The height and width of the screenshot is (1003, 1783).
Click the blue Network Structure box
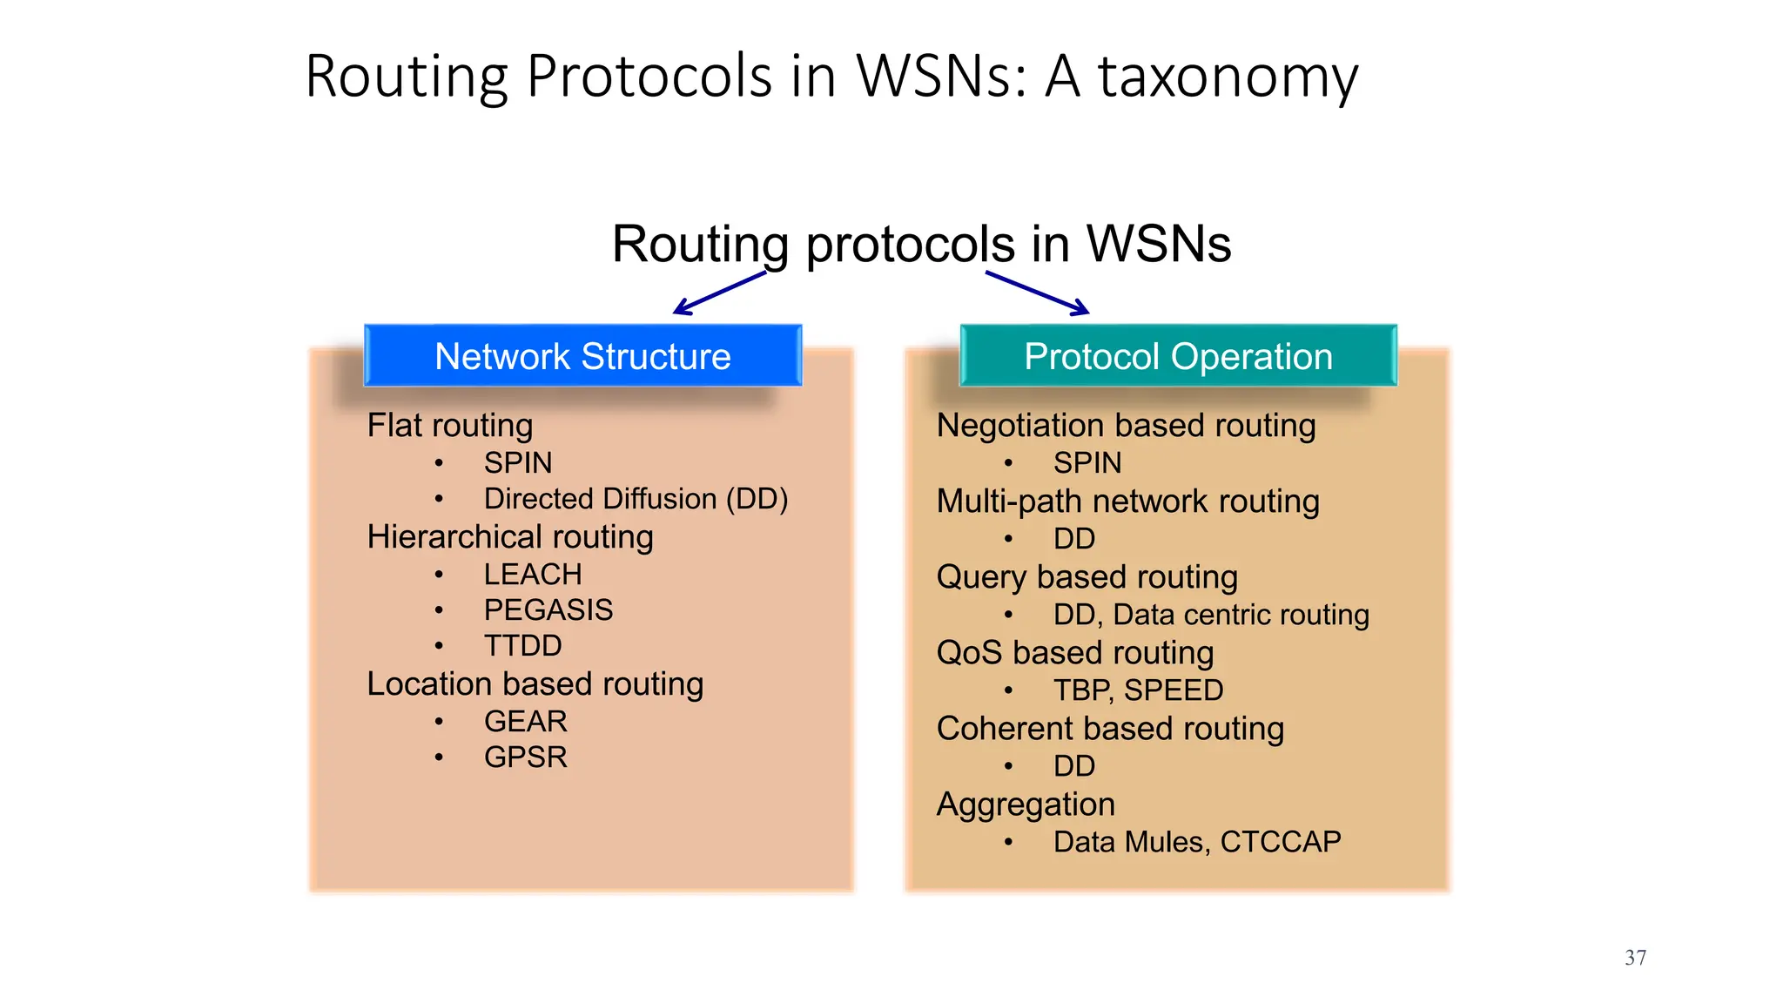click(x=582, y=356)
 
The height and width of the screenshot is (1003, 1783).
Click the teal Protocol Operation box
click(x=1178, y=356)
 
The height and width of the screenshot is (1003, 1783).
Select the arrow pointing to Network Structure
click(x=719, y=293)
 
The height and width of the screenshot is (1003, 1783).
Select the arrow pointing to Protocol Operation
click(x=1038, y=293)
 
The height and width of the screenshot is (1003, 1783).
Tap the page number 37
click(x=1635, y=958)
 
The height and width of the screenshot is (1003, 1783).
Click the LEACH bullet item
click(x=532, y=575)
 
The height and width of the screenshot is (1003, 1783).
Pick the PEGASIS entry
click(x=548, y=610)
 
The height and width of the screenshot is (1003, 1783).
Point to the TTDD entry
click(x=522, y=646)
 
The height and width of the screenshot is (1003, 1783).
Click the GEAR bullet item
click(x=525, y=722)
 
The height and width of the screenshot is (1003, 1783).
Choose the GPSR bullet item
click(x=525, y=757)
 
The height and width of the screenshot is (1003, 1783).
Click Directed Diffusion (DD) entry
click(x=636, y=499)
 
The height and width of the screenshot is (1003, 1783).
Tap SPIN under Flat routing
click(x=517, y=463)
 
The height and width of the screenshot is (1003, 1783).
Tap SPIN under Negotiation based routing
click(x=1087, y=463)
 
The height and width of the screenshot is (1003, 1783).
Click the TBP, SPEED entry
click(x=1138, y=690)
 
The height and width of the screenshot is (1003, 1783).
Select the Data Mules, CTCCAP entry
click(x=1196, y=842)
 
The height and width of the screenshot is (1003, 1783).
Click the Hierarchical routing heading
click(x=510, y=537)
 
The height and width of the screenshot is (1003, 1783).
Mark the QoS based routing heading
click(x=1075, y=653)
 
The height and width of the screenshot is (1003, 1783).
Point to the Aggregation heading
click(x=1026, y=804)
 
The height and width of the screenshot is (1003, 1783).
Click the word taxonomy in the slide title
click(x=1228, y=77)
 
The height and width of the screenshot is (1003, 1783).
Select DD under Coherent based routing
click(x=1073, y=766)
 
